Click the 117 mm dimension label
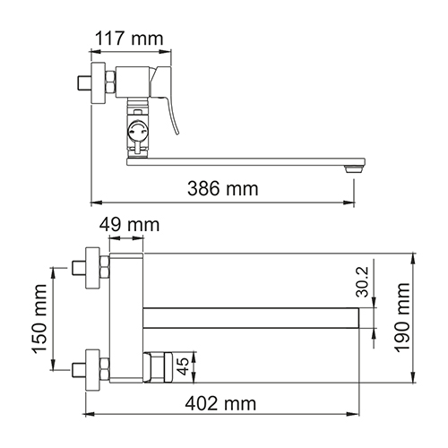[129, 39]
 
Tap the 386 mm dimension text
[223, 189]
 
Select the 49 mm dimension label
[129, 225]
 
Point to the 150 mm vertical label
[40, 319]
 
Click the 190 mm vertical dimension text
[402, 317]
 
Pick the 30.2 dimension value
[363, 281]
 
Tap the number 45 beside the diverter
[183, 366]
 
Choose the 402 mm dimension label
[220, 404]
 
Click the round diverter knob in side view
[138, 131]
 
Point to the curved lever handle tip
[178, 133]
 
